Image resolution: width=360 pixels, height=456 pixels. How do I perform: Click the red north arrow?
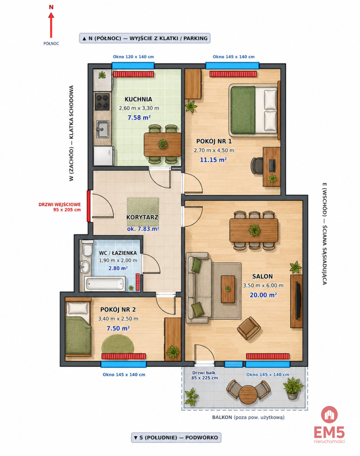pyautogui.click(x=51, y=25)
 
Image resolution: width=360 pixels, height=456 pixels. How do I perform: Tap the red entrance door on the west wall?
pyautogui.click(x=88, y=206)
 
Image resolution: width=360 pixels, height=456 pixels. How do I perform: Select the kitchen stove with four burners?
pyautogui.click(x=102, y=101)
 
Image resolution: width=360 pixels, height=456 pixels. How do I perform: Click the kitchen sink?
pyautogui.click(x=103, y=129)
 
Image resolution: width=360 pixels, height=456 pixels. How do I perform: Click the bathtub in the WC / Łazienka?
pyautogui.click(x=105, y=284)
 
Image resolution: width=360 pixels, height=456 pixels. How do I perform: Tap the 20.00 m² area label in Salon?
pyautogui.click(x=263, y=295)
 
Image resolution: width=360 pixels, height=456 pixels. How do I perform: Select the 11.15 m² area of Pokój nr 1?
pyautogui.click(x=213, y=160)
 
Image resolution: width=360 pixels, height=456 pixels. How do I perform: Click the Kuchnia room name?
pyautogui.click(x=138, y=99)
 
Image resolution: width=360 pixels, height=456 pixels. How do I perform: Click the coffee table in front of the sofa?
pyautogui.click(x=228, y=289)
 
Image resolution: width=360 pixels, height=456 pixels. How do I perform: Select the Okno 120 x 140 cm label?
pyautogui.click(x=133, y=57)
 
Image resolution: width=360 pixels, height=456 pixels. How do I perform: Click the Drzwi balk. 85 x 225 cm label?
pyautogui.click(x=205, y=375)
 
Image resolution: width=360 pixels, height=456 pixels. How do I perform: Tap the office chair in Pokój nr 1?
pyautogui.click(x=257, y=166)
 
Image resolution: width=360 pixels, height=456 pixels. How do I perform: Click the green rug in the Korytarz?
pyautogui.click(x=143, y=212)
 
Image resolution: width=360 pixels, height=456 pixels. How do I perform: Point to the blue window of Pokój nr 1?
pyautogui.click(x=232, y=65)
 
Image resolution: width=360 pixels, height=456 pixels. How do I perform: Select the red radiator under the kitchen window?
pyautogui.click(x=133, y=74)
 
